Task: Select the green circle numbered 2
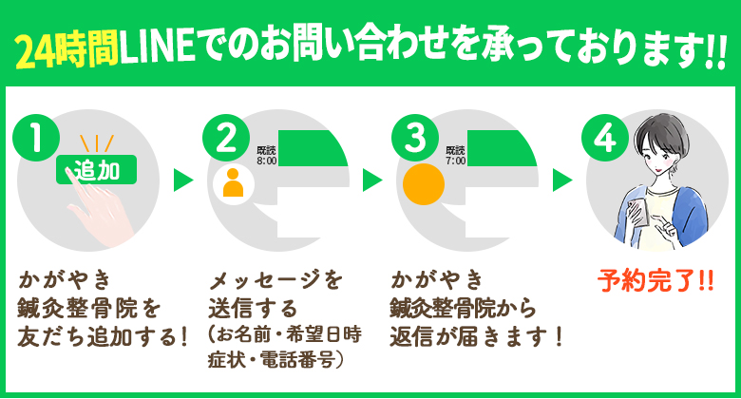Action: coord(226,139)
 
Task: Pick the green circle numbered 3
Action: coord(414,139)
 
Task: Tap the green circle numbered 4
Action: coord(604,139)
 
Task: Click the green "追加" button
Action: coord(97,171)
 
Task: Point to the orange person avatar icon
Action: coord(232,181)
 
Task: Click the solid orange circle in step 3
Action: coord(422,181)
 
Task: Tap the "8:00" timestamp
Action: coord(266,161)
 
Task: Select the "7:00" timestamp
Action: coord(456,161)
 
